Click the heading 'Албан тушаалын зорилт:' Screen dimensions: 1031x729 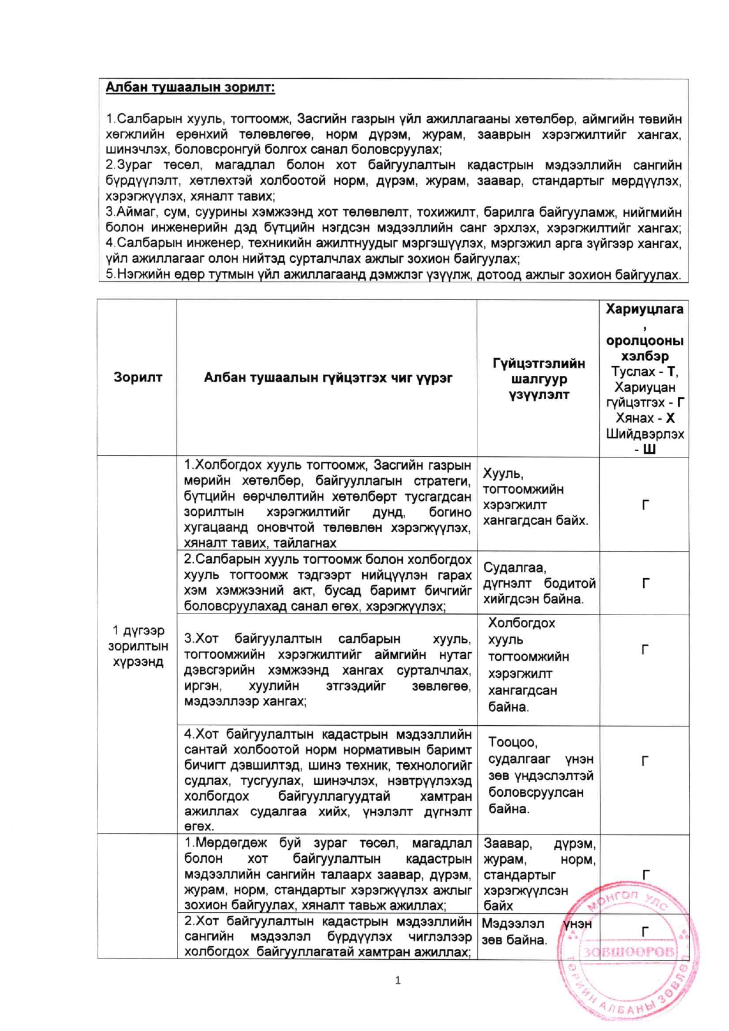(x=190, y=88)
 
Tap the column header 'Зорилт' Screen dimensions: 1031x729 (x=138, y=378)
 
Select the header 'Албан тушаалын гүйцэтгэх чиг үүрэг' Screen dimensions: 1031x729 (x=327, y=378)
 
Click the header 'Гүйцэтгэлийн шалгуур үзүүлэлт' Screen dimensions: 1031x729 (x=539, y=379)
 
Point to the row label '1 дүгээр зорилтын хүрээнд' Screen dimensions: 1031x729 (x=138, y=646)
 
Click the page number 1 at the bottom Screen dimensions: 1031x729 (x=398, y=980)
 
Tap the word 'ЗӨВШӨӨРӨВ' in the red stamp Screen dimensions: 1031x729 (x=629, y=952)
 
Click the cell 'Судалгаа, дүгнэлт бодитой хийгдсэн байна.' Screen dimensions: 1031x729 (x=539, y=583)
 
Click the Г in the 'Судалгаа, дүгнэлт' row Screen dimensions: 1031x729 (x=645, y=583)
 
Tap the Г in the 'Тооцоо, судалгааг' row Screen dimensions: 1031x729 (x=645, y=761)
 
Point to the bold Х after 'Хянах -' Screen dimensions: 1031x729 (x=670, y=418)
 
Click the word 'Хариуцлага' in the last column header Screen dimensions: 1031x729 (x=644, y=309)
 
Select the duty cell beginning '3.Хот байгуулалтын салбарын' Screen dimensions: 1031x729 (x=327, y=670)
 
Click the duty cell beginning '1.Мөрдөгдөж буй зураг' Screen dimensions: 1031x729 (x=327, y=874)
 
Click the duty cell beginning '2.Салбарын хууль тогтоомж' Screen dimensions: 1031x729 (x=327, y=582)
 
